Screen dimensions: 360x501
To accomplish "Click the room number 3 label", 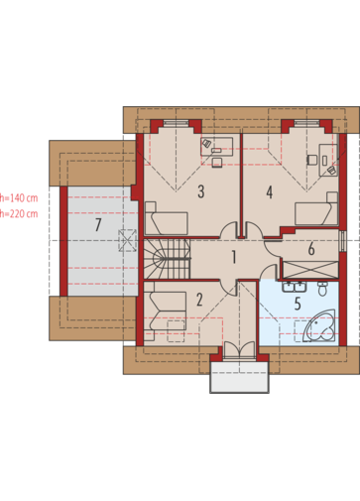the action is point(201,191).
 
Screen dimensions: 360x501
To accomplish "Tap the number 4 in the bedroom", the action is point(270,192).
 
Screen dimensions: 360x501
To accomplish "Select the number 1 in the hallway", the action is point(234,257).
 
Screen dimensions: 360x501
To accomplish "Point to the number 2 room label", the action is point(199,300).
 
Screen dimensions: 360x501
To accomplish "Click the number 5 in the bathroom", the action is point(298,304).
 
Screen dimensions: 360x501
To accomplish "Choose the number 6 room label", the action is point(311,249).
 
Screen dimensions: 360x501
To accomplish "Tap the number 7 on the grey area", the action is point(98,225).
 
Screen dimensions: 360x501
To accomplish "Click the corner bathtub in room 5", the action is point(320,325).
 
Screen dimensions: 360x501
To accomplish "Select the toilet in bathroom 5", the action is point(322,289).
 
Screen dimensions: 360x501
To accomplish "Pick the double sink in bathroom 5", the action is point(295,287).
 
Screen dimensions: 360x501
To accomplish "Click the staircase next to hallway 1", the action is point(168,259).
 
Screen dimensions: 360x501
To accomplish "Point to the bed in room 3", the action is point(167,218).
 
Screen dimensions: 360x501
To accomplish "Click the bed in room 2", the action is point(166,311).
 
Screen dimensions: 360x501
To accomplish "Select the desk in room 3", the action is point(217,147).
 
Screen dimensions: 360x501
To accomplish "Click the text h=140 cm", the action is point(19,198).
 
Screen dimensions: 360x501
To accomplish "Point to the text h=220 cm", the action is point(19,214).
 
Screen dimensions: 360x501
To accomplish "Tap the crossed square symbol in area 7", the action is point(128,240).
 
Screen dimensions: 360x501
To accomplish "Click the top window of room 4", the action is point(306,123).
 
